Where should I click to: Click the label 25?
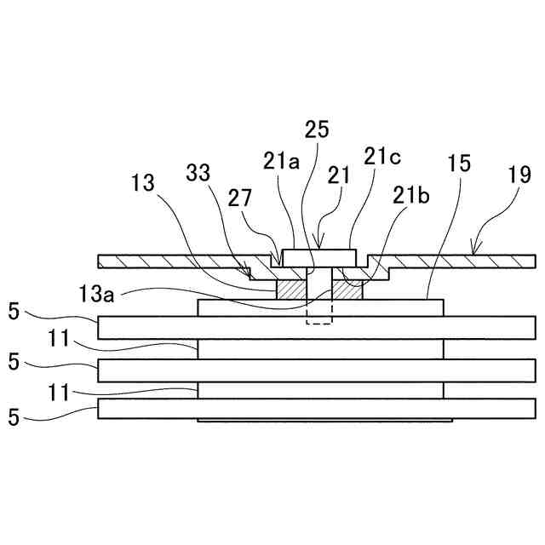(x=316, y=129)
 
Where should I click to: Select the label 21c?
(x=381, y=156)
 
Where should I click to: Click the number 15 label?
(x=460, y=163)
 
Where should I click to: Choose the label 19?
(x=520, y=176)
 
